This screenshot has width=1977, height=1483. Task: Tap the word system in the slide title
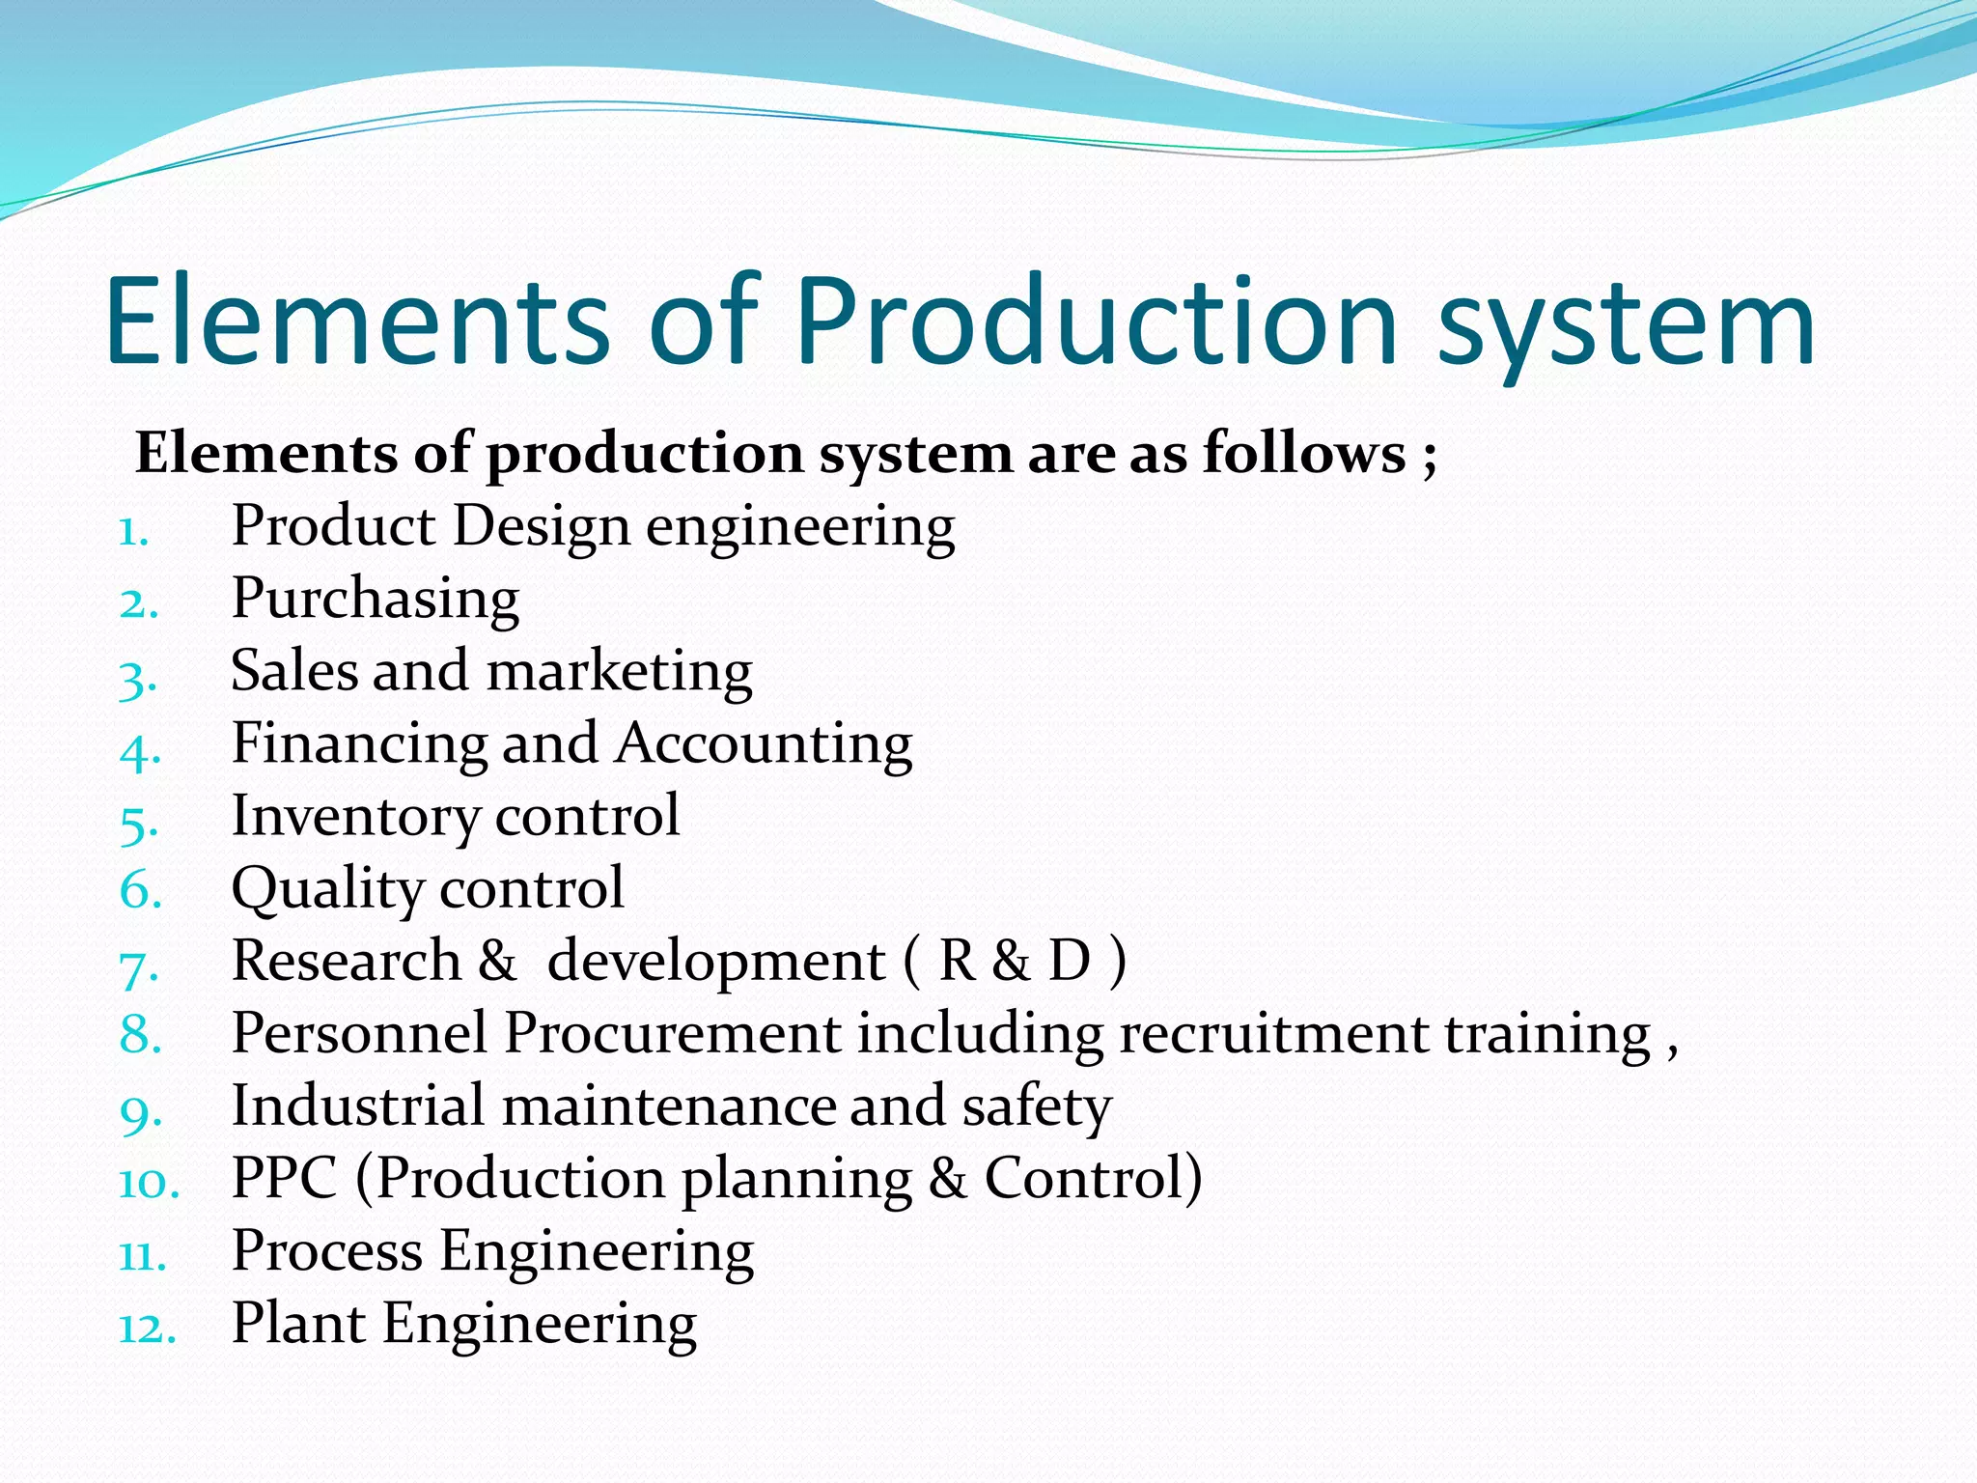(x=1627, y=328)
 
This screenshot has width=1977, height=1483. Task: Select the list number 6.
(x=140, y=889)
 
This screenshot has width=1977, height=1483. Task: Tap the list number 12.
(x=147, y=1328)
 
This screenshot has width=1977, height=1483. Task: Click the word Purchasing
(x=376, y=600)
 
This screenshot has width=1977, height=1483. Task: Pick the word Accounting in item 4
(x=764, y=744)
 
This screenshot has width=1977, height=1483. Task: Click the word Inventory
(x=355, y=817)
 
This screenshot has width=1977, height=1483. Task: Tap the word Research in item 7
(x=347, y=961)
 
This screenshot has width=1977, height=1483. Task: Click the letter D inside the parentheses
(x=1069, y=961)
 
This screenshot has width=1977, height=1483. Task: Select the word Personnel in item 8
(x=359, y=1033)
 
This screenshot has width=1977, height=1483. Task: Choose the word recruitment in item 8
(x=1273, y=1033)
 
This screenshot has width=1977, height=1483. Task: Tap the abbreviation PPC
(x=285, y=1178)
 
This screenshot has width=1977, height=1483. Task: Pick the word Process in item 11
(x=327, y=1251)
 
